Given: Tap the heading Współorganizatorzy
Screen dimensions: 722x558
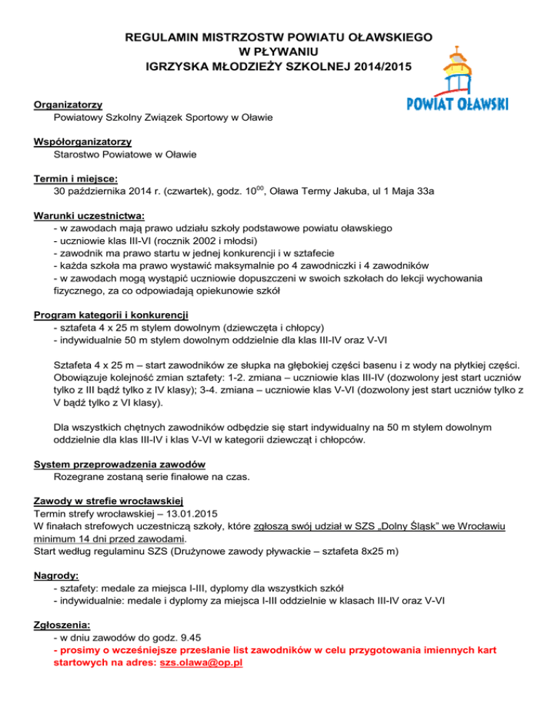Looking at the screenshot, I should (x=87, y=142).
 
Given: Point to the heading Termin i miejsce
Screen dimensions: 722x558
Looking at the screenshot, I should (x=76, y=179).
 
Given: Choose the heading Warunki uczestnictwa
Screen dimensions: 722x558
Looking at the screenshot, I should (x=89, y=216).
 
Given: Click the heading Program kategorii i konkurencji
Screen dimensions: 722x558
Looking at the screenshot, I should (x=111, y=315).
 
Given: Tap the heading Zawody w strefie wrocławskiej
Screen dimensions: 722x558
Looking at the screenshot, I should (x=108, y=500).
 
